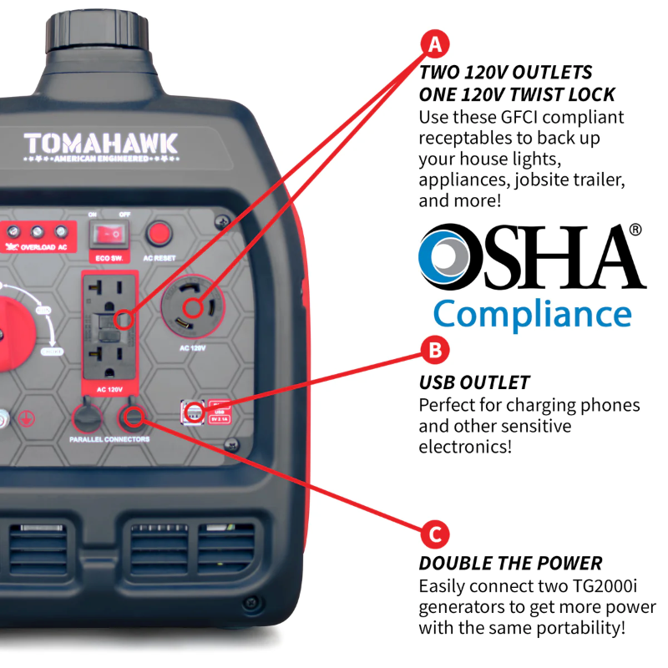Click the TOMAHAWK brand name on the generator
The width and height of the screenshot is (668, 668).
tap(100, 144)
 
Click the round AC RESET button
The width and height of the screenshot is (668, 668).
tap(159, 234)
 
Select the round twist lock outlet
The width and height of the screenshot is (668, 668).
tap(195, 306)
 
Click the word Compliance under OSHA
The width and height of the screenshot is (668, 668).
tap(532, 314)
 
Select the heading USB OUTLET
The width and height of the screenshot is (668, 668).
tap(474, 383)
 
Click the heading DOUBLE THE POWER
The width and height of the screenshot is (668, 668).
tap(510, 564)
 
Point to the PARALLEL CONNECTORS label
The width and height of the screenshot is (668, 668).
tap(104, 439)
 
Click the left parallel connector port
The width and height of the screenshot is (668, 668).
tap(85, 415)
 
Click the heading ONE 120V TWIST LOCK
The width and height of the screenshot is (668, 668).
tap(517, 94)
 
